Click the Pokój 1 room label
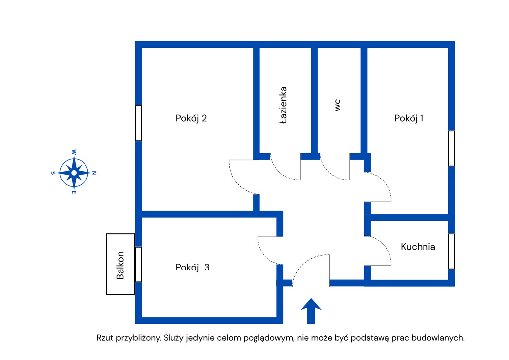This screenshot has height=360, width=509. pos(409,118)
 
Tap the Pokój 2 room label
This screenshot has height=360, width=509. pos(191,118)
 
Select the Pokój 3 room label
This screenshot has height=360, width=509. pos(192,267)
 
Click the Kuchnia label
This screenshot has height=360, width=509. pos(418,246)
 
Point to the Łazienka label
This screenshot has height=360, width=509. pos(283,105)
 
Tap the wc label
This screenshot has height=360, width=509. pos(338,104)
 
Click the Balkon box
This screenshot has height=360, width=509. pos(120,264)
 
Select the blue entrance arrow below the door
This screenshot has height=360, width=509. pos(311,311)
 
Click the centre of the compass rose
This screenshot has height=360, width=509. pos(74,173)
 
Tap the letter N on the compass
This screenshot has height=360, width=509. pos(94,173)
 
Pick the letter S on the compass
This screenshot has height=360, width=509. pos(53,173)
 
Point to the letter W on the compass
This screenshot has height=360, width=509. pos(74,152)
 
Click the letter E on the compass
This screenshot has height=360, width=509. pos(74,192)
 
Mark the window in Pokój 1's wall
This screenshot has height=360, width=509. pos(451,148)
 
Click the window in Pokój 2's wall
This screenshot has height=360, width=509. pos(138,123)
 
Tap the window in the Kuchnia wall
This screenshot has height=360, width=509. pos(451,251)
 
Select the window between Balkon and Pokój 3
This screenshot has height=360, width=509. pos(138,264)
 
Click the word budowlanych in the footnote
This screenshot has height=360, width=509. pos(441,338)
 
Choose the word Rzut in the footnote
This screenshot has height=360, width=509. pos(105,338)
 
